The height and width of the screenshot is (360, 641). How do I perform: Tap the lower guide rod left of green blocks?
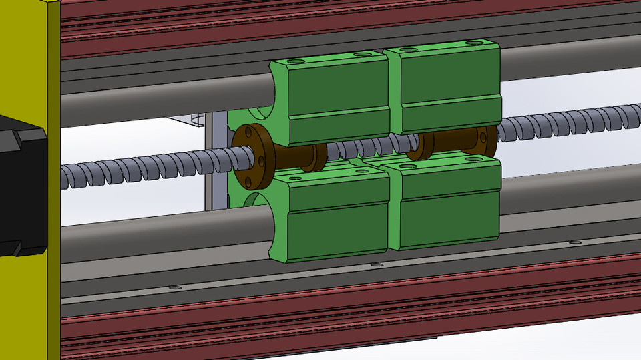click(167, 227)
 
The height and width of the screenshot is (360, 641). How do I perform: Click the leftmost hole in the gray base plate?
click(176, 287)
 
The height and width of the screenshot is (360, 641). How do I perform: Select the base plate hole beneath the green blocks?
click(377, 265)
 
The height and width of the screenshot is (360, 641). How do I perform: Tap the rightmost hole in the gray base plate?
click(575, 242)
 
